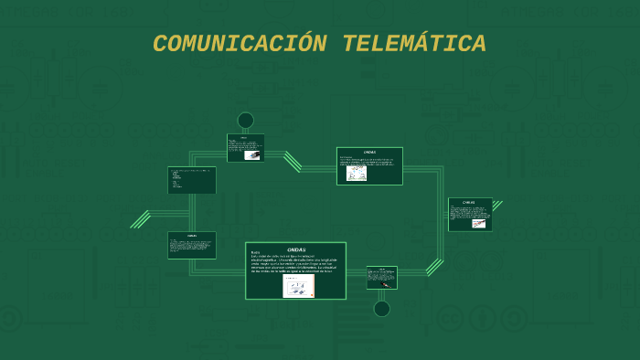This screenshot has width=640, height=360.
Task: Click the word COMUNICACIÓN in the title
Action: (240, 44)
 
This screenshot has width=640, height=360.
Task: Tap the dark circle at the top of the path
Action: (245, 121)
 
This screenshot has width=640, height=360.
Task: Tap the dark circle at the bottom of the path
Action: (382, 309)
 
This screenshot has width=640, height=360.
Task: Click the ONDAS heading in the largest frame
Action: (295, 249)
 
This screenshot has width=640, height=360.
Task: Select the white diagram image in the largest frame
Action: (298, 286)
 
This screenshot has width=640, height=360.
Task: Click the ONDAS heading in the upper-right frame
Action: (369, 152)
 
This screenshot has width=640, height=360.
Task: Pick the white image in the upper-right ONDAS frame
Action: (357, 173)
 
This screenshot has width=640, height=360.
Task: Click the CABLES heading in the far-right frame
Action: (469, 202)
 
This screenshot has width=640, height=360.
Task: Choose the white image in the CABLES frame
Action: (478, 223)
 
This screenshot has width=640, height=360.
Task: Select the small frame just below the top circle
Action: (245, 148)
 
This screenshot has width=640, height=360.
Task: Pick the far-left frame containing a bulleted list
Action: (192, 180)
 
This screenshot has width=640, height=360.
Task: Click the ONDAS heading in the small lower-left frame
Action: (192, 236)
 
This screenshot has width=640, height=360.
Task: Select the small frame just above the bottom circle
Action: (382, 278)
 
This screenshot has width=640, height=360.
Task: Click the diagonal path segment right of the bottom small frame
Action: (434, 267)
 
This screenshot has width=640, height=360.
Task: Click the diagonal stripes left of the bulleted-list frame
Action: (141, 219)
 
